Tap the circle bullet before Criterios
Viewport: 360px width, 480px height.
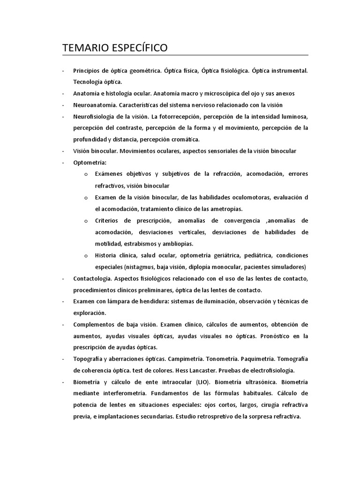86,220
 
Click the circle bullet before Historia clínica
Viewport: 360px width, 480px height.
86,255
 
